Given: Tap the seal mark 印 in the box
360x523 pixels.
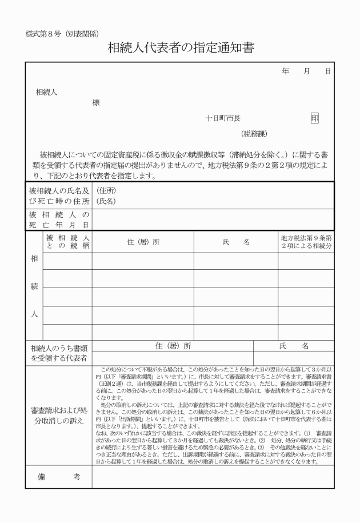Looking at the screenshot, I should tap(315, 118).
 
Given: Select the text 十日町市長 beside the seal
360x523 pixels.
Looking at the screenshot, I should tap(223, 118).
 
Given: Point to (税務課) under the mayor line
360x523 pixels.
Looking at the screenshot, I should tap(254, 134).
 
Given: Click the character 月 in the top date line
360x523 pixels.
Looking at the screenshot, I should tap(307, 71).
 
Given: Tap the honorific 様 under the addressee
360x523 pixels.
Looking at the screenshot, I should tap(95, 103).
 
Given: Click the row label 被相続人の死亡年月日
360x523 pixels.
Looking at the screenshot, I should tap(59, 219).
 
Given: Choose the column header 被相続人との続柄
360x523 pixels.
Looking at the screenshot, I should tap(67, 241).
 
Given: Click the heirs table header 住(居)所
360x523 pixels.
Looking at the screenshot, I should tap(143, 241).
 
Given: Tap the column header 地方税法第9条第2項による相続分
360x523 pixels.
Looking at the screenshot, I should tap(306, 241).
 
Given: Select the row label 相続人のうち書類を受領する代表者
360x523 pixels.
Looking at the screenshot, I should tap(59, 353).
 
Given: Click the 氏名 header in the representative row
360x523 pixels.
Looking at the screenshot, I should tap(294, 346).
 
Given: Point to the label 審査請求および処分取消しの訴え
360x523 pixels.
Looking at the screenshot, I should tap(59, 416).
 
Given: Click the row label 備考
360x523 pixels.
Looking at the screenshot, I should tap(59, 477).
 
